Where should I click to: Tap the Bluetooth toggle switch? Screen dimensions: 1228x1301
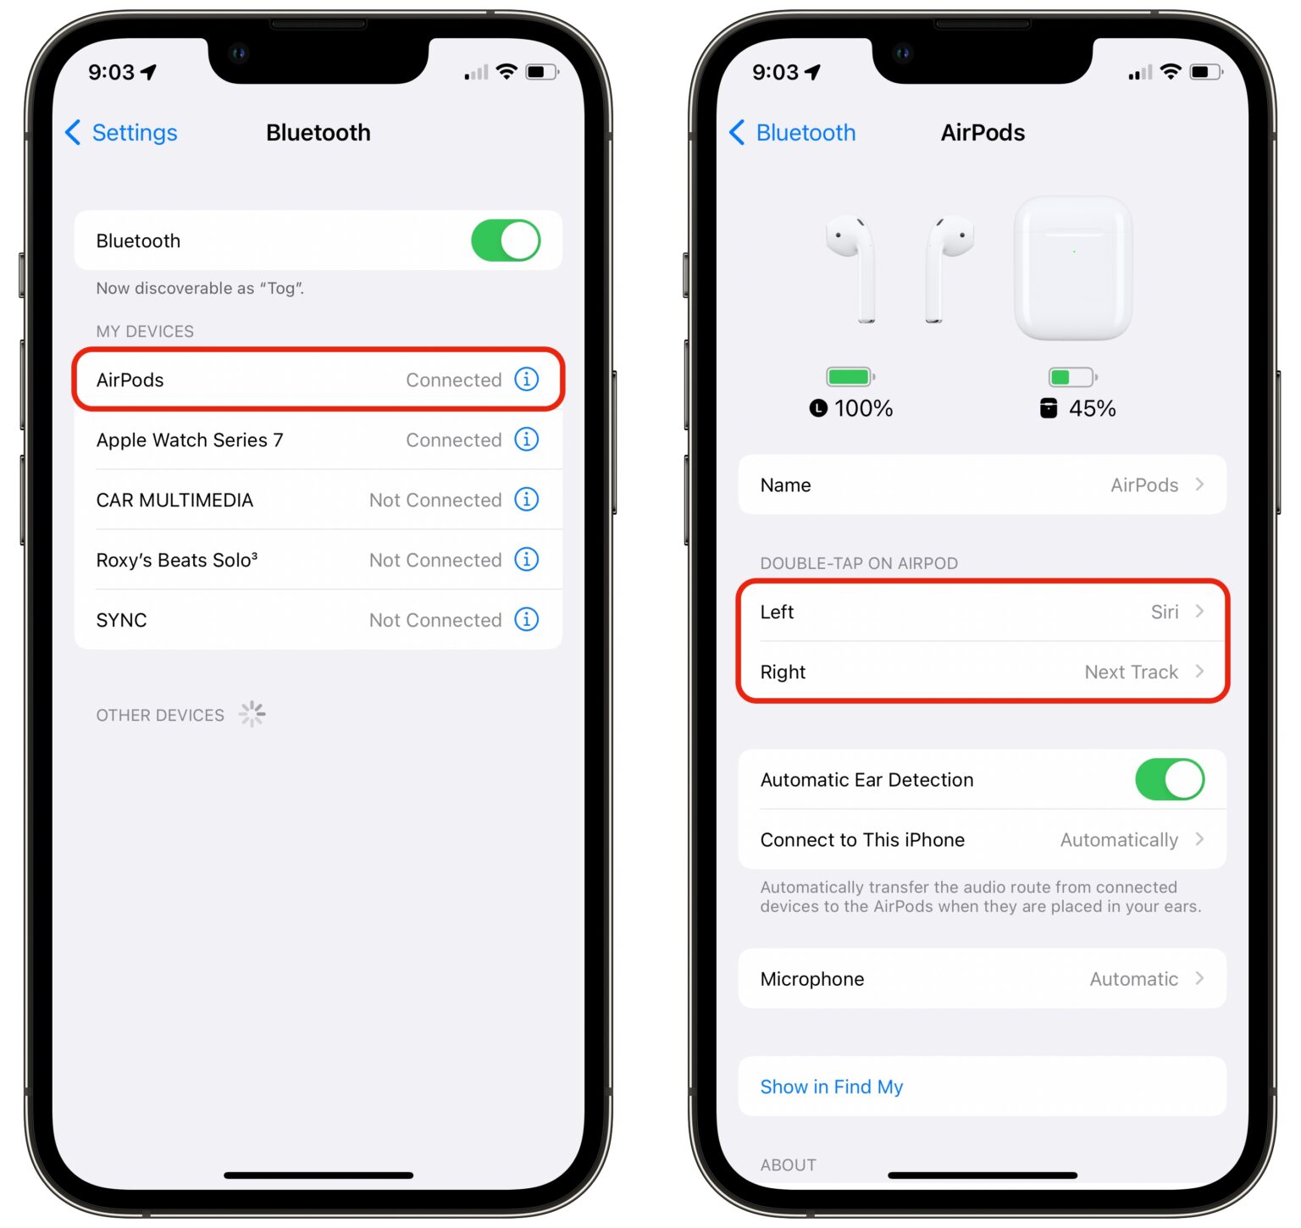(506, 241)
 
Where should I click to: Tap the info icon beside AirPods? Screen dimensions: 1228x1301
(527, 379)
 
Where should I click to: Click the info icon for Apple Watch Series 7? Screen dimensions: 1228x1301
(527, 440)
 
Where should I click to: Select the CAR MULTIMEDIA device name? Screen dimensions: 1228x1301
(174, 501)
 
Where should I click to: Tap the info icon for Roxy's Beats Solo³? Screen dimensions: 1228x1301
(527, 560)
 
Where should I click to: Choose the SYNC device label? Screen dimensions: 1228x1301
(122, 620)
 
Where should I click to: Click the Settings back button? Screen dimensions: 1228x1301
(122, 133)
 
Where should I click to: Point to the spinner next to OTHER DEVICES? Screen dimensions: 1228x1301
(252, 714)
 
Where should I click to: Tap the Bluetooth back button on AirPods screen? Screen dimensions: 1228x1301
(793, 133)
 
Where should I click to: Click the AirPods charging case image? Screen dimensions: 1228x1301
(1073, 268)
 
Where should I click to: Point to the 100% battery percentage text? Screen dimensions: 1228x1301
(863, 409)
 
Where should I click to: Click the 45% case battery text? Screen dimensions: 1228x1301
(1092, 409)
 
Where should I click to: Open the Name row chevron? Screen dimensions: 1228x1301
(1199, 484)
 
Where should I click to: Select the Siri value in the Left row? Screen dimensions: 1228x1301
(1165, 612)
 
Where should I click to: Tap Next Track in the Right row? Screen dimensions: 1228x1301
(1131, 672)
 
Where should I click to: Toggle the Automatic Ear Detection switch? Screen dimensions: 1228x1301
(1170, 779)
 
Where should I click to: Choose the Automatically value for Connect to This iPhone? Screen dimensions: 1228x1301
(1119, 840)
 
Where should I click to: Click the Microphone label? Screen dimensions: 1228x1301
(812, 979)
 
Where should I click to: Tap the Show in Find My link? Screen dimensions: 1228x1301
(832, 1087)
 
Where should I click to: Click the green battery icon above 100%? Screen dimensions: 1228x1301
(849, 377)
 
